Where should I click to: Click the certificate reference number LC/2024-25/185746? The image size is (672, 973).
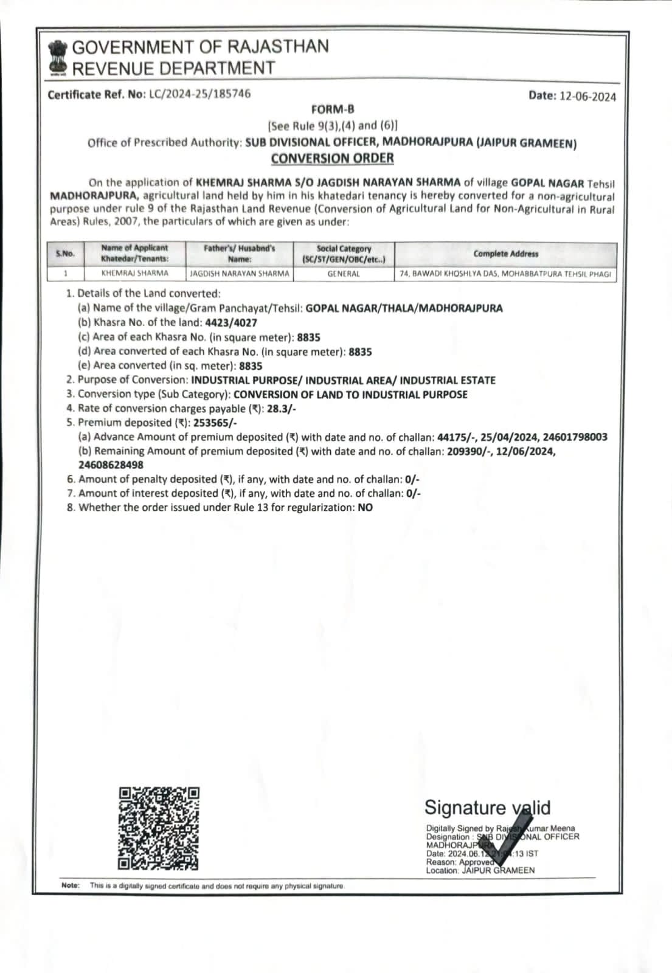point(199,94)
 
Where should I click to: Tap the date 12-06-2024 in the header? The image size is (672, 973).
point(587,96)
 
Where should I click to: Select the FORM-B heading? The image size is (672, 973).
point(332,109)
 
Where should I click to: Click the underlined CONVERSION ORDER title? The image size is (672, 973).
point(332,158)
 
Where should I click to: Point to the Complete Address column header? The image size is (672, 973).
point(505,254)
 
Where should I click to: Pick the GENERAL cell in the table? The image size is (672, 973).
point(344,274)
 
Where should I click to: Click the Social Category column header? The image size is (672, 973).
point(344,254)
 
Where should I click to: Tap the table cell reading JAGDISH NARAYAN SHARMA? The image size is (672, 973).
point(240,274)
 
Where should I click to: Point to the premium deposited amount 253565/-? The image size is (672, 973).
point(215,423)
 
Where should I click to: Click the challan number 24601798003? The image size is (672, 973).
point(575,437)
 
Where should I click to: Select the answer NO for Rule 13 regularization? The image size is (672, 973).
point(365,508)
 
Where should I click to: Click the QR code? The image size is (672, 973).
point(159,828)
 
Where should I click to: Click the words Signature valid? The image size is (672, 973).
point(487,808)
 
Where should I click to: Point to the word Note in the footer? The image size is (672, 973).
point(71,885)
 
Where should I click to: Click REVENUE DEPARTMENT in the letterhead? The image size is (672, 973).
point(174,68)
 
